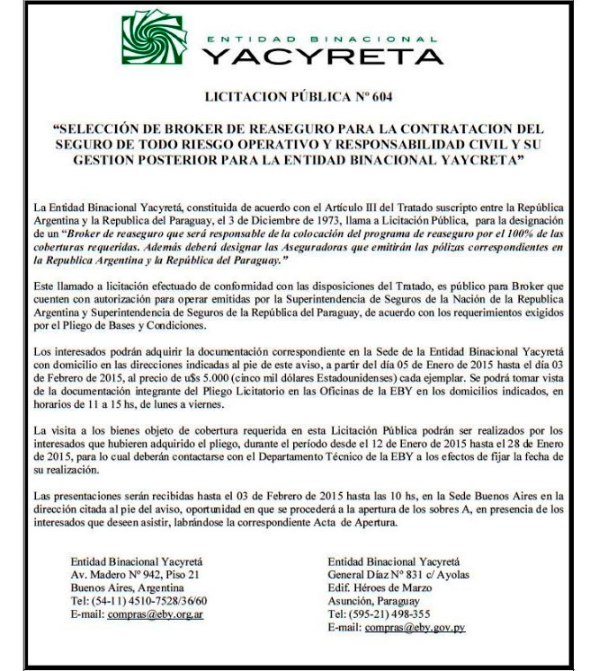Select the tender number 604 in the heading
pyautogui.click(x=381, y=95)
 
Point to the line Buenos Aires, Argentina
pyautogui.click(x=125, y=588)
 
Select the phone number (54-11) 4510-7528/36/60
pyautogui.click(x=139, y=602)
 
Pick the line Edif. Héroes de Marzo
pyautogui.click(x=382, y=588)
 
